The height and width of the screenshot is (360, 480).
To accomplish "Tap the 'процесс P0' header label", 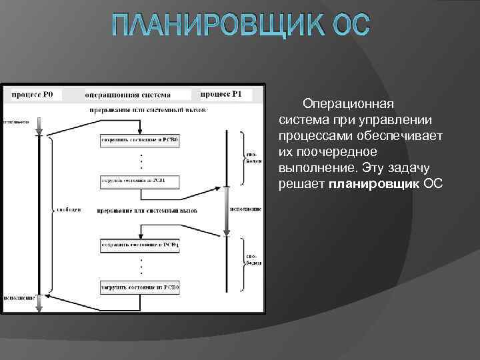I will point(33,95).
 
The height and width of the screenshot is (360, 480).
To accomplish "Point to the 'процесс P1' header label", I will point(222,94).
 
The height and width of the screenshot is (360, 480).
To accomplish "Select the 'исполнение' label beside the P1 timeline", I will point(245,209).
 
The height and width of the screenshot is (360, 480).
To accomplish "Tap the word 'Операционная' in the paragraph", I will point(348,104).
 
